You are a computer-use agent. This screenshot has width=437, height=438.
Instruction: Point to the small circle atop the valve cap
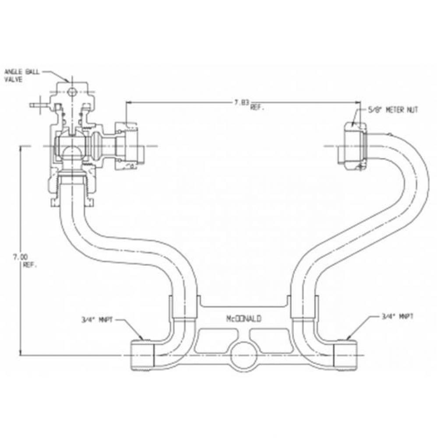click(72, 92)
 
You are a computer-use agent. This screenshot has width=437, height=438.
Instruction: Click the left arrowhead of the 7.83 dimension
click(128, 102)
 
